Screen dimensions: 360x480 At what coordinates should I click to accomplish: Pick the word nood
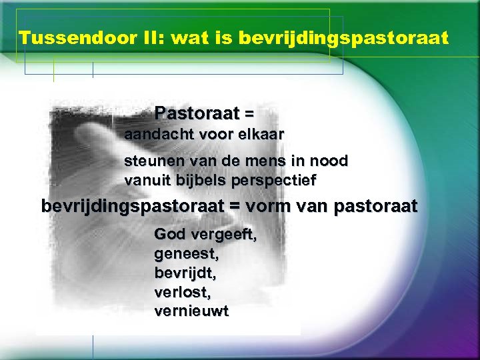pyautogui.click(x=332, y=161)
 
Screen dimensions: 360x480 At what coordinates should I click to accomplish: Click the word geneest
pyautogui.click(x=185, y=255)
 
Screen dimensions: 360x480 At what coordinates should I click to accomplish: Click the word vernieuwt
pyautogui.click(x=190, y=311)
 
